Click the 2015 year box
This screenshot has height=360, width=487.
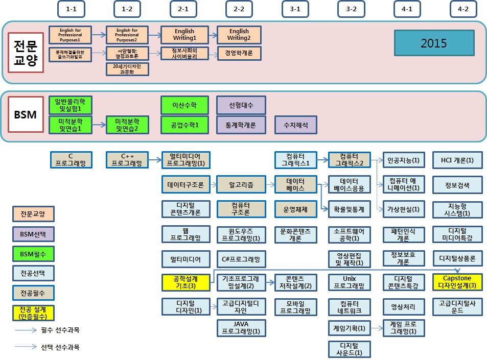point(434,43)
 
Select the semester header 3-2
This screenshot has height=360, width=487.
point(351,9)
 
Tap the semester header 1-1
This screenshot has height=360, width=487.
point(72,9)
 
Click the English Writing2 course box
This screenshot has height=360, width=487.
point(239,35)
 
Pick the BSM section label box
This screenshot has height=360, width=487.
point(25,115)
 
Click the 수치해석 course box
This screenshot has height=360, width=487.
point(295,125)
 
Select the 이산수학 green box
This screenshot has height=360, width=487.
point(186,105)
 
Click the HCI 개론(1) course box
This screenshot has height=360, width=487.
point(457,160)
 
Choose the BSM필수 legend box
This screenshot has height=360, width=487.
point(33,253)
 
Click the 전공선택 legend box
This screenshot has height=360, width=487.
point(33,273)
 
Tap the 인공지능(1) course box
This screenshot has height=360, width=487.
point(403,160)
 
